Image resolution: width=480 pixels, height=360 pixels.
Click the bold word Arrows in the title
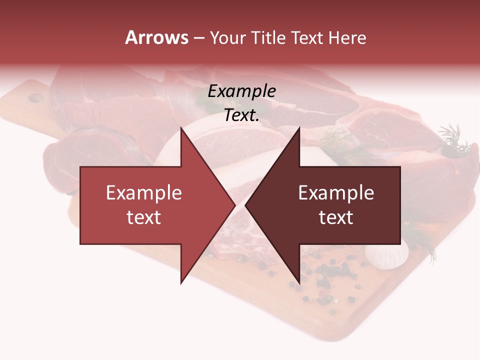[156, 37]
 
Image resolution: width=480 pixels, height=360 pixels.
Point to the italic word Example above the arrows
[241, 91]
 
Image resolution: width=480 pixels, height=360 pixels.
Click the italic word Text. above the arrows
[241, 115]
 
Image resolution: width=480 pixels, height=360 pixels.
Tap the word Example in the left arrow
[144, 193]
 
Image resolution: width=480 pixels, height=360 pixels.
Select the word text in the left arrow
[144, 217]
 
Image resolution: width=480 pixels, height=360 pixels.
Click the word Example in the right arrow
[336, 193]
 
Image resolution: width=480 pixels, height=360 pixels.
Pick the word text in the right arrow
[336, 217]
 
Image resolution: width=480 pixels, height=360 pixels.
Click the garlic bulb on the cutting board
[381, 255]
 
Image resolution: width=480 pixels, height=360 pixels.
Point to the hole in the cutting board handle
[35, 98]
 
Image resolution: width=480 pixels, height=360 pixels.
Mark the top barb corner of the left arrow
[181, 128]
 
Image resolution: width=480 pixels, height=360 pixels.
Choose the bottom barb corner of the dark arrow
[299, 282]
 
